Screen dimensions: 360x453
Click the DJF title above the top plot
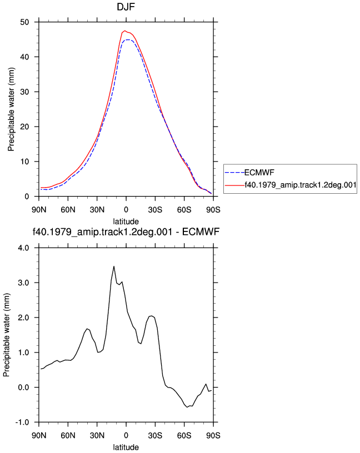(x=126, y=6)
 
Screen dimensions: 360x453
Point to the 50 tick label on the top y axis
(x=25, y=22)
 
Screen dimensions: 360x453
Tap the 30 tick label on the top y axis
(x=25, y=92)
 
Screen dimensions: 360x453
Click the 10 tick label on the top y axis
(x=25, y=162)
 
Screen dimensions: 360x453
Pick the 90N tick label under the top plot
(x=39, y=210)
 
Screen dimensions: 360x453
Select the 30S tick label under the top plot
(x=155, y=210)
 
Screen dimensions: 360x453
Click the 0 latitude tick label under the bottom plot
(x=126, y=435)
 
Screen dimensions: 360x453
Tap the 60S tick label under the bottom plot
(x=184, y=435)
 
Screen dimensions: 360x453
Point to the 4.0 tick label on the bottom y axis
(x=24, y=248)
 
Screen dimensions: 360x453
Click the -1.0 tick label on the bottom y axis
(x=22, y=422)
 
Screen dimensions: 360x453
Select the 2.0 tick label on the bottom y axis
(x=24, y=318)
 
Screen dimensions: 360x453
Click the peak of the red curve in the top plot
(x=125, y=31)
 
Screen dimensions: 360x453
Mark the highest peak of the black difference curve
(x=114, y=266)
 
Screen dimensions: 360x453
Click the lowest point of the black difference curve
(x=187, y=407)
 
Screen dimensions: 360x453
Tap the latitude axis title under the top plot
(x=126, y=222)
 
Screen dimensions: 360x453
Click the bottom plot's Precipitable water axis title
(x=6, y=335)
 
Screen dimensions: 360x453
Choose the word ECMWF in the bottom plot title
(x=201, y=231)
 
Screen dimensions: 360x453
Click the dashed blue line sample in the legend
(x=234, y=173)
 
